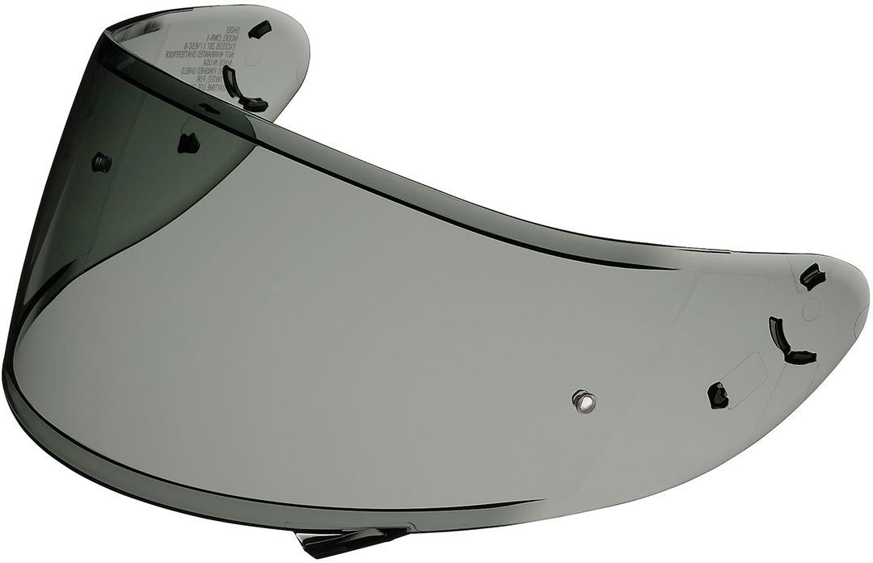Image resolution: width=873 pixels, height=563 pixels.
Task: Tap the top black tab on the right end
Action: point(810,278)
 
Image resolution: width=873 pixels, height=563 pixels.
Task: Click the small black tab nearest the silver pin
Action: point(717,395)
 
